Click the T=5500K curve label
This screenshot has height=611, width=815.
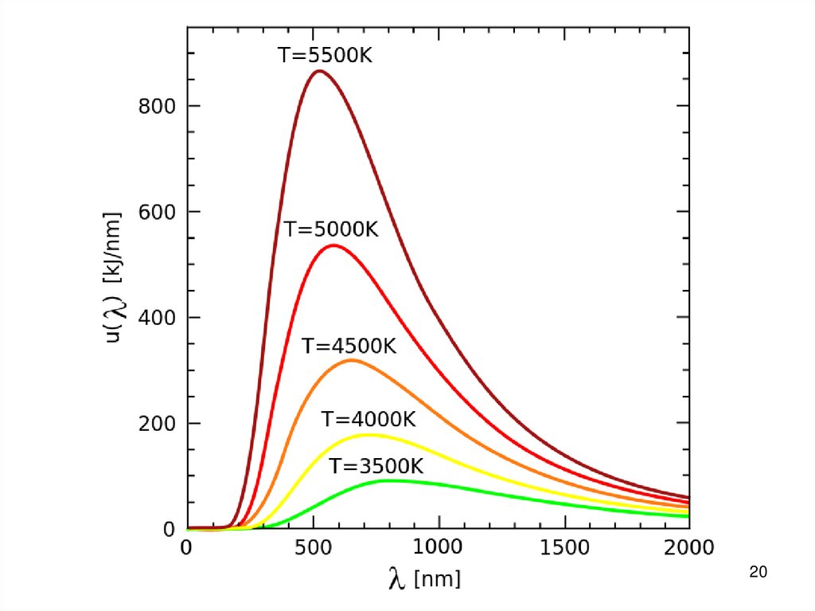point(325,56)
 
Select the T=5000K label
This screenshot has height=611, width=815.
point(331,229)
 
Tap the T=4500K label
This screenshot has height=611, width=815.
point(349,347)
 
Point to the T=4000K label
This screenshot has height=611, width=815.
point(369,419)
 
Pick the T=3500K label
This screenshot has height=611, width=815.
point(376,466)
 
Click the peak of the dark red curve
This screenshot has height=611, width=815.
point(320,71)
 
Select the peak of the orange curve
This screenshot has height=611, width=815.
point(351,360)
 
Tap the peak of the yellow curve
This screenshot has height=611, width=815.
point(369,434)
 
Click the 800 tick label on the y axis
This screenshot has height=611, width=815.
point(155,106)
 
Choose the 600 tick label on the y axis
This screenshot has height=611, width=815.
point(155,212)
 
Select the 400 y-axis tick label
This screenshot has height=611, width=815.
point(155,317)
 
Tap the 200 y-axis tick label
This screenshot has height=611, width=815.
point(155,423)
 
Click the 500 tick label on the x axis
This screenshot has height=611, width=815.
point(312,547)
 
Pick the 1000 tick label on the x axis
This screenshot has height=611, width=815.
point(438,547)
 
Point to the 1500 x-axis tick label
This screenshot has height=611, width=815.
point(563,547)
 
